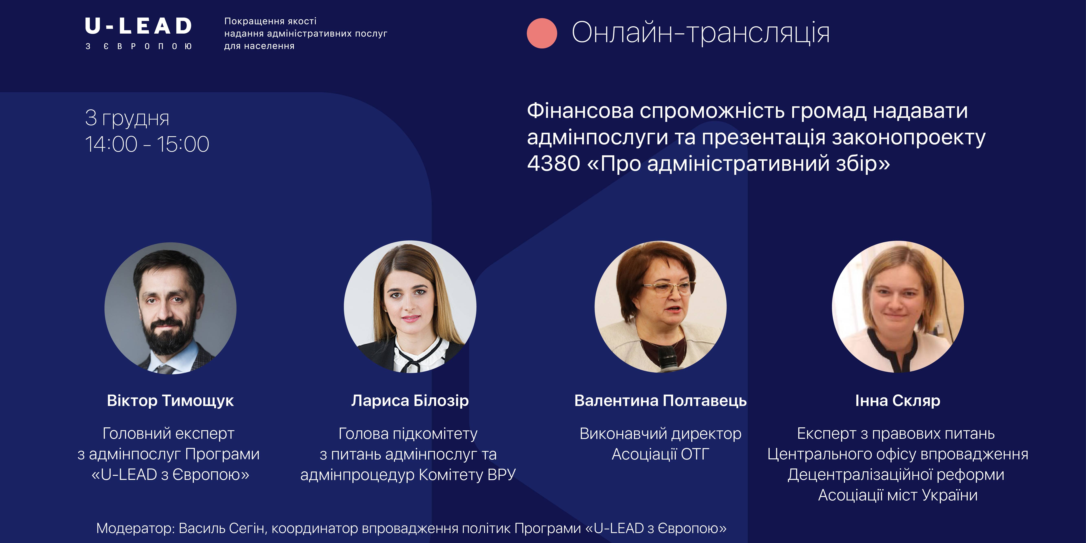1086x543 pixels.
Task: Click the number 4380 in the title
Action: point(554,163)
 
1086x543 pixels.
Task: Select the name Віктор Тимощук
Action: point(170,400)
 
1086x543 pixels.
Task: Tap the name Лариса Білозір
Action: point(410,400)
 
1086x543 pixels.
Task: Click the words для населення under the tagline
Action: point(259,46)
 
